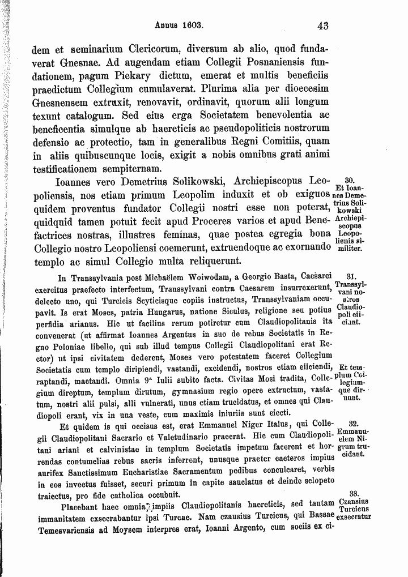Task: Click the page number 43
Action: point(324,25)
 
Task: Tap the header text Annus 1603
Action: point(179,25)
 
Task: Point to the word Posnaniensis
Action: point(257,63)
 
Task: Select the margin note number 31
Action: point(350,277)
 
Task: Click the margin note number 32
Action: point(352,424)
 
